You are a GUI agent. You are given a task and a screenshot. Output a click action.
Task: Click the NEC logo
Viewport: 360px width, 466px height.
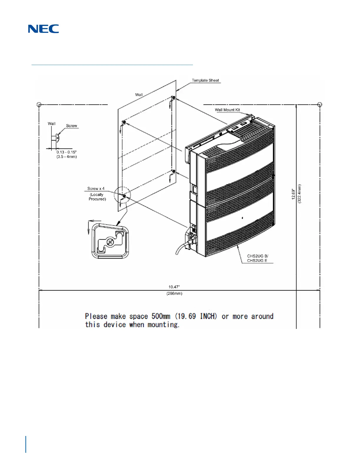(44, 29)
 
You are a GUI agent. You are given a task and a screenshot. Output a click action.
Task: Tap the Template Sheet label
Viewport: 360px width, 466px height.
(205, 80)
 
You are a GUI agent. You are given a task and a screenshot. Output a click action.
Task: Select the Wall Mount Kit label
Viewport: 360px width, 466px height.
(227, 110)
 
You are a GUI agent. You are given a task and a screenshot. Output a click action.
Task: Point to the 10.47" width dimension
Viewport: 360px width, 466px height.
(174, 287)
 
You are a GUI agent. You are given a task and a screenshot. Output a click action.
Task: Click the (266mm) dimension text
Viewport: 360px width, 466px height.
(174, 294)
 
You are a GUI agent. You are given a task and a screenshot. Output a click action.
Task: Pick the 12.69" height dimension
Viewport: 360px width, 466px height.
(294, 194)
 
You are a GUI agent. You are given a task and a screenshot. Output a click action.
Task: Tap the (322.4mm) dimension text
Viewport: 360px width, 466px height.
(299, 194)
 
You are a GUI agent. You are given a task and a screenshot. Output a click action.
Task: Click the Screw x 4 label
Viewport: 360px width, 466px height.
(96, 189)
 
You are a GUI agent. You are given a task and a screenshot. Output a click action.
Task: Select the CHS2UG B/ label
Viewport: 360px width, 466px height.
(258, 256)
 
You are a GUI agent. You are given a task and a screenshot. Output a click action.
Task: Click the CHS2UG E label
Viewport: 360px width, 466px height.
(257, 261)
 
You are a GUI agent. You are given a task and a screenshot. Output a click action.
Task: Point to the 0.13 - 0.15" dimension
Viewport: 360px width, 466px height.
(66, 152)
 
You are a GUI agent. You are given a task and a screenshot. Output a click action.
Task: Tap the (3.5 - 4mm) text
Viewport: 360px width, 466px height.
(67, 157)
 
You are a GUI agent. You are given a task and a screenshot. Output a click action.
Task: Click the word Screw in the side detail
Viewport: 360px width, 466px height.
(71, 126)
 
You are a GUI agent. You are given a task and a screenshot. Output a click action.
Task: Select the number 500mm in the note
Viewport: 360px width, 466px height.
(161, 316)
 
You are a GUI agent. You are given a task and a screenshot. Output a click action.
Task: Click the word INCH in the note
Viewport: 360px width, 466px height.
(208, 316)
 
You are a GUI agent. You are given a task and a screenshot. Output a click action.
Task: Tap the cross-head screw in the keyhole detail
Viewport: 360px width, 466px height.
(110, 242)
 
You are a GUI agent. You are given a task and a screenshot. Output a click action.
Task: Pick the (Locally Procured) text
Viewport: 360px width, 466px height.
(97, 197)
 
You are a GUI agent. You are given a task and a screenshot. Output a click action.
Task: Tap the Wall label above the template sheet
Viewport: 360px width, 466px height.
(139, 95)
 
